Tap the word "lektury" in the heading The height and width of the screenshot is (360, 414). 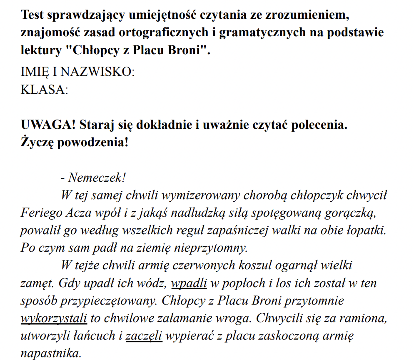click(40, 50)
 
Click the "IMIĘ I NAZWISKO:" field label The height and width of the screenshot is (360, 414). click(77, 72)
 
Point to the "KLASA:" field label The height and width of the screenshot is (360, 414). click(44, 89)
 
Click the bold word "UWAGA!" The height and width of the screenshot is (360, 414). click(48, 125)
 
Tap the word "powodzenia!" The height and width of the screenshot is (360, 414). click(95, 142)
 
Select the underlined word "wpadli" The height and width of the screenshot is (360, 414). click(189, 283)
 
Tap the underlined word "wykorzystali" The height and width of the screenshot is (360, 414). click(54, 318)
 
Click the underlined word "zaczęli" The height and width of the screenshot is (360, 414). click(144, 336)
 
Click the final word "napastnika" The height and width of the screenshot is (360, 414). click(50, 353)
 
